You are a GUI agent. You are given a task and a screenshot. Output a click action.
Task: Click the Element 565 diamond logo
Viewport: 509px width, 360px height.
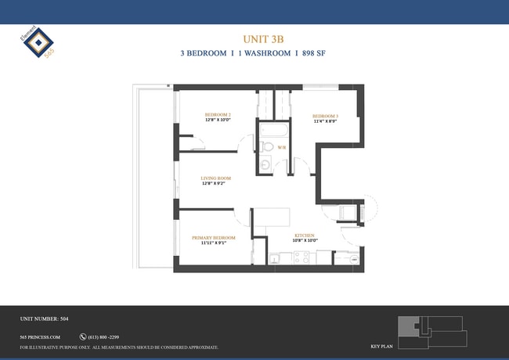[34, 44]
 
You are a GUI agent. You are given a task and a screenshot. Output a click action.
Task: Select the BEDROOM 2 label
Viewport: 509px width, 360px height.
[218, 115]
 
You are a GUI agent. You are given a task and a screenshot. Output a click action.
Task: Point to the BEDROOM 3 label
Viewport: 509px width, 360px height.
[325, 115]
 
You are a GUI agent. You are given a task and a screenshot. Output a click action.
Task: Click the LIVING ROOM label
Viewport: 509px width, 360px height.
[215, 178]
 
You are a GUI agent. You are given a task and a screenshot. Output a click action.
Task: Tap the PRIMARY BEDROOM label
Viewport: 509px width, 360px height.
[214, 237]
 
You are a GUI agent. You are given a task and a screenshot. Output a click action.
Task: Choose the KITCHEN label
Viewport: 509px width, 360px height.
[305, 235]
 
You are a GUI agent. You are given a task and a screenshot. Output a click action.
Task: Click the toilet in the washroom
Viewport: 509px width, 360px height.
[266, 146]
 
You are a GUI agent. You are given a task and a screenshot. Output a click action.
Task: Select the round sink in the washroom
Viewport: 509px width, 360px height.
[265, 164]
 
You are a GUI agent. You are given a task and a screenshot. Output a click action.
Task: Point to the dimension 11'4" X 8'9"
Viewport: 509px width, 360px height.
[325, 121]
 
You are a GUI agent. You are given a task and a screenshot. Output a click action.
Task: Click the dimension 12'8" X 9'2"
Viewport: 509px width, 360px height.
[215, 184]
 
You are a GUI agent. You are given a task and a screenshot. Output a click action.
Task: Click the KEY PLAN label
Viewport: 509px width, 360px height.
[381, 345]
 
